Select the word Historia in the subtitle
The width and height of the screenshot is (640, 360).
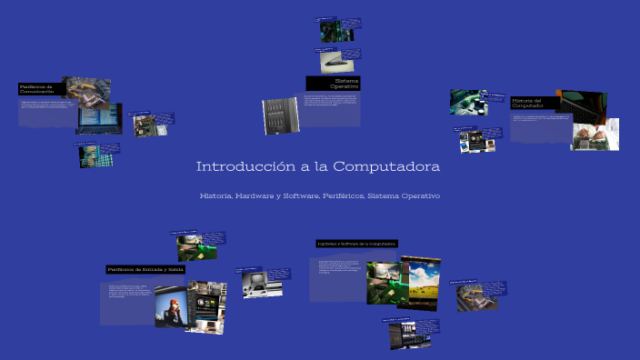click(216, 196)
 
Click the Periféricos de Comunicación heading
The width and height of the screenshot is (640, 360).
click(39, 89)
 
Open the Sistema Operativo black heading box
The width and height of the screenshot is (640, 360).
click(333, 83)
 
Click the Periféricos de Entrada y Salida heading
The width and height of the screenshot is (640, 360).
click(145, 269)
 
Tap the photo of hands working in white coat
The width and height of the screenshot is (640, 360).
click(595, 135)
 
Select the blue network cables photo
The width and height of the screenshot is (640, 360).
click(91, 155)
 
